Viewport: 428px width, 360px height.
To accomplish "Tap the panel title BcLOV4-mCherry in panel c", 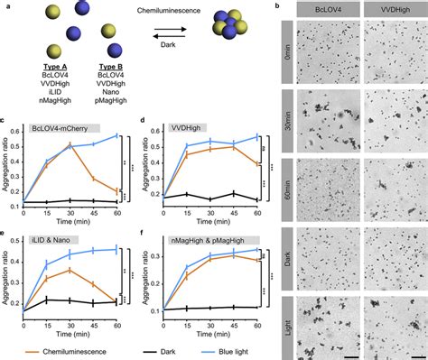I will (x=60, y=129).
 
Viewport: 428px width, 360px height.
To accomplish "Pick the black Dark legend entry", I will (x=154, y=351).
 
